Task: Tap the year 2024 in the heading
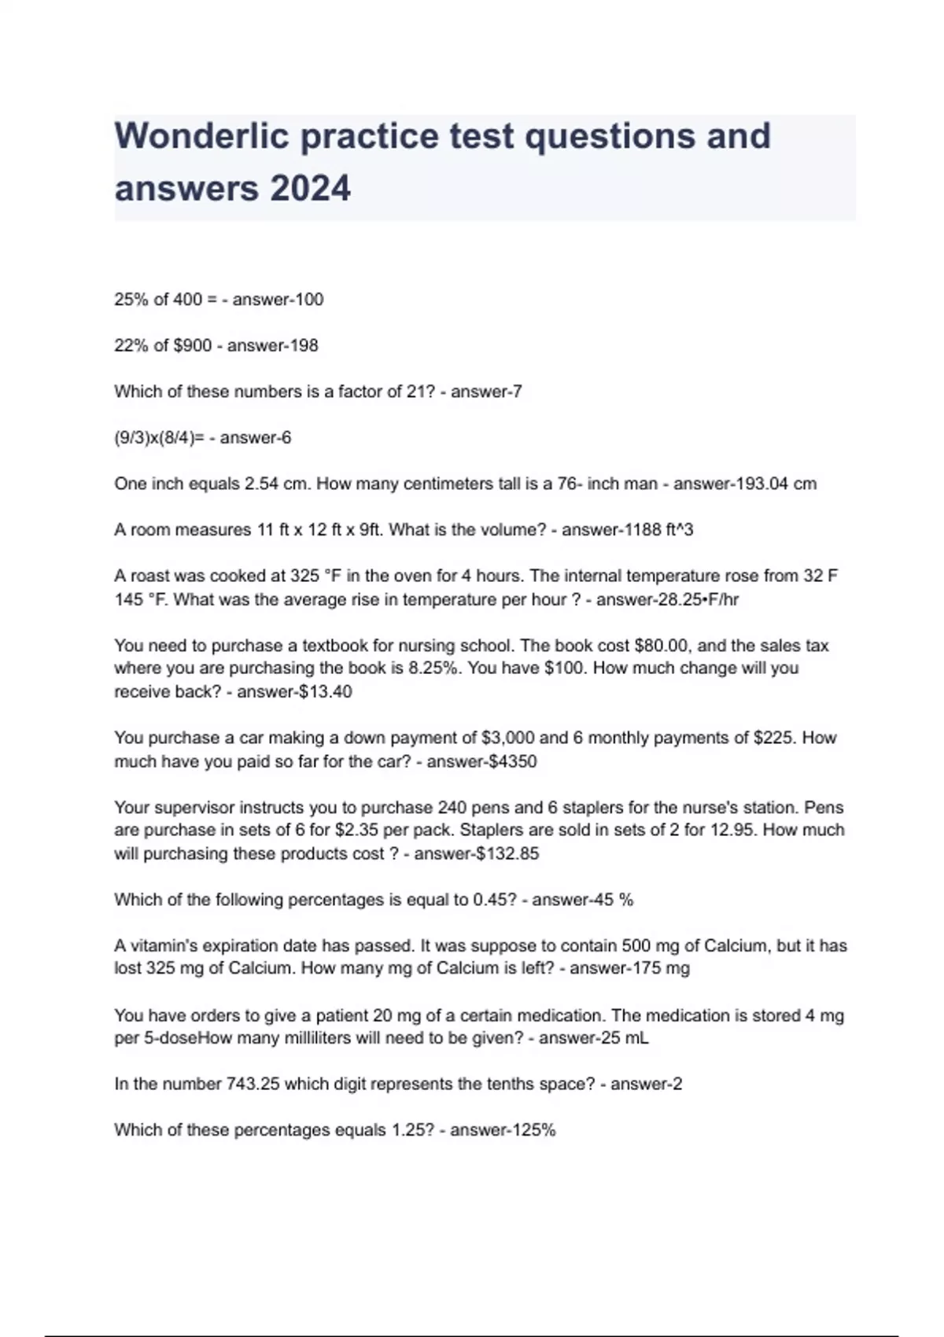point(309,189)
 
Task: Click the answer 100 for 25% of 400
point(308,300)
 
